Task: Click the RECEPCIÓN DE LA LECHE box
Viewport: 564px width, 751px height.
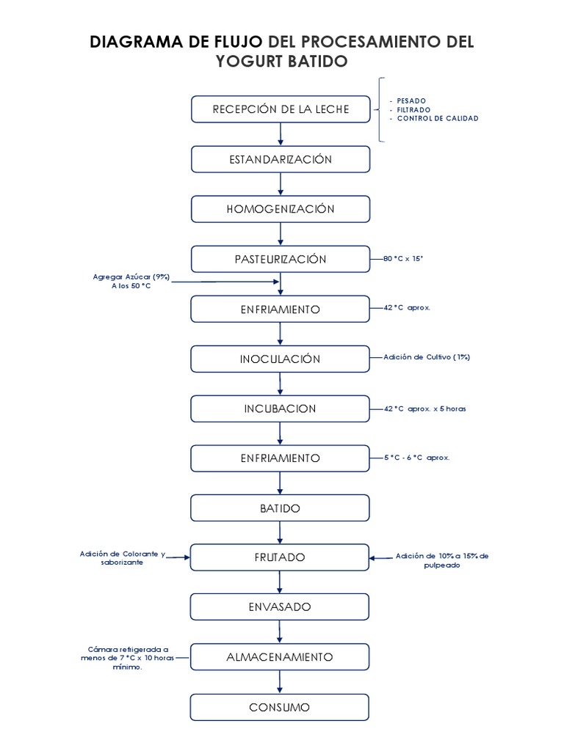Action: pos(281,109)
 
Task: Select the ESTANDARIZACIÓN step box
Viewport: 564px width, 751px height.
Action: pos(281,159)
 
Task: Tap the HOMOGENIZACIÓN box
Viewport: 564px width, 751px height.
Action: pos(281,209)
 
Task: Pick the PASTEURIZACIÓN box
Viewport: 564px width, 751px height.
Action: pos(281,259)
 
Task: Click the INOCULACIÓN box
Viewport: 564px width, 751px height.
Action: pos(281,359)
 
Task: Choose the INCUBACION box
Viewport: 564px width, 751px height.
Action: pos(281,409)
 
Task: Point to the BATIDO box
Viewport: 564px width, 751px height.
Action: pos(281,508)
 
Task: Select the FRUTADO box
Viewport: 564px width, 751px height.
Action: pos(281,557)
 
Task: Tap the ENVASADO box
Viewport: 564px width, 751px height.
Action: pos(281,607)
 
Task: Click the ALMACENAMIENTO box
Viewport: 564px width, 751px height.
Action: pos(281,656)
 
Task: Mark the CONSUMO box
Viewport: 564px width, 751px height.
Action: pos(281,707)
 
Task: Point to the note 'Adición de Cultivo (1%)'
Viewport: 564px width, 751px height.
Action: pos(426,357)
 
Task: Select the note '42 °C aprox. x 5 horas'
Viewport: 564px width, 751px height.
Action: pos(424,409)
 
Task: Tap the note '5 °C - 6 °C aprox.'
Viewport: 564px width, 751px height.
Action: pos(416,458)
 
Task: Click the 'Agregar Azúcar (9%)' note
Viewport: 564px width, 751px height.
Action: pos(131,276)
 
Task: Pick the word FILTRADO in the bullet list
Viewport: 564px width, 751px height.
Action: pos(413,109)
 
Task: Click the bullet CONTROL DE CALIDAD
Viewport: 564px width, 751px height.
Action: pos(437,118)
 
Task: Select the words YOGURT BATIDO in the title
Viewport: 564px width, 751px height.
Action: pos(281,61)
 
